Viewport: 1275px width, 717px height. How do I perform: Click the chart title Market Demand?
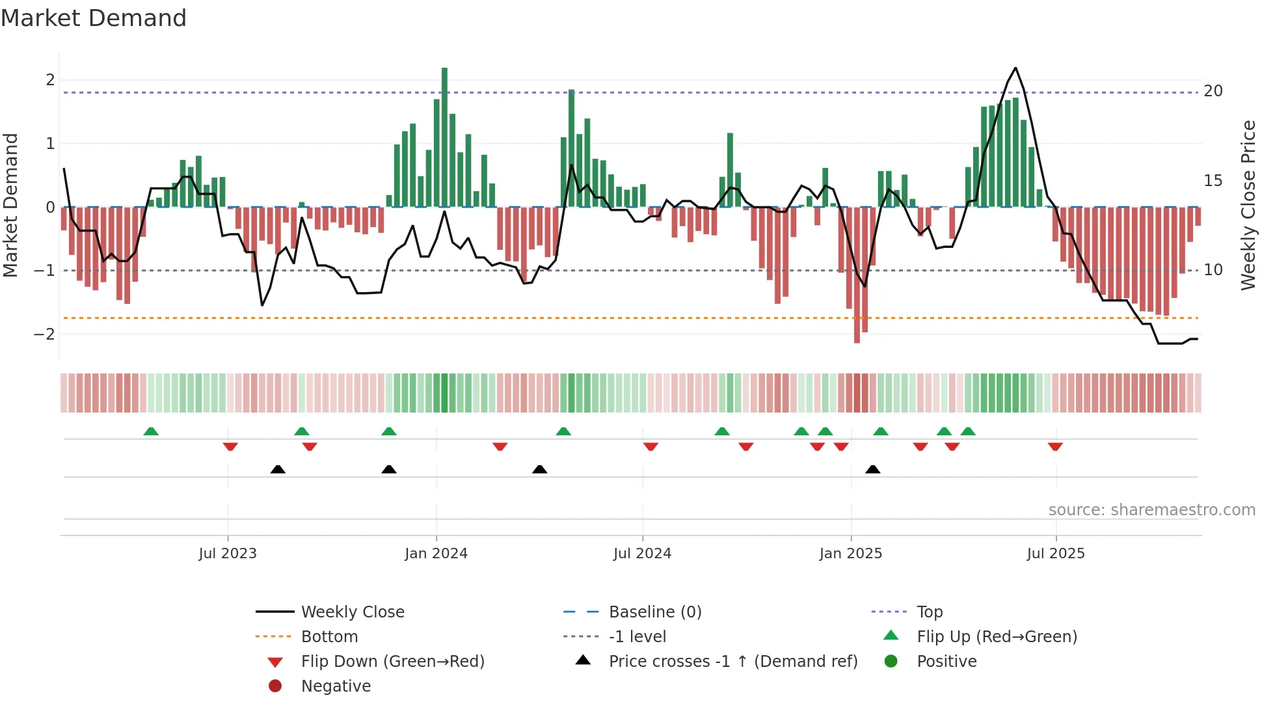tap(94, 18)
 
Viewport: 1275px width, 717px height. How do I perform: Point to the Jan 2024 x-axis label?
tap(436, 554)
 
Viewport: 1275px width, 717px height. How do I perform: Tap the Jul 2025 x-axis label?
tap(1056, 554)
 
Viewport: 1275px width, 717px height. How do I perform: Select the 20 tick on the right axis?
tap(1213, 91)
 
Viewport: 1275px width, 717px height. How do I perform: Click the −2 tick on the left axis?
tap(44, 334)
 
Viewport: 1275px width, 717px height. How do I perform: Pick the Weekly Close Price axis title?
tap(1248, 205)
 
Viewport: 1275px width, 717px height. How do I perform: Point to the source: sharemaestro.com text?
tap(1151, 510)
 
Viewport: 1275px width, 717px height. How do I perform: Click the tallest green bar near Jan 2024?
tap(444, 137)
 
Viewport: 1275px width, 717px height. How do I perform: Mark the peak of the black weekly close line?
tap(1015, 68)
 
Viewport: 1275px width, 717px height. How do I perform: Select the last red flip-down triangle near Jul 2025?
tap(1055, 446)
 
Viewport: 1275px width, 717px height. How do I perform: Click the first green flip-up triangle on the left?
tap(151, 431)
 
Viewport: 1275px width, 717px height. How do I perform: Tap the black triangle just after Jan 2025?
tap(873, 469)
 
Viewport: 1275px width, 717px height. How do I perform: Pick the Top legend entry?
tap(930, 612)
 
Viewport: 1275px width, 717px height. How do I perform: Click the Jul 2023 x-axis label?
tap(228, 554)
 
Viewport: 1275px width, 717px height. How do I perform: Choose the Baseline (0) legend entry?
tap(654, 612)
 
